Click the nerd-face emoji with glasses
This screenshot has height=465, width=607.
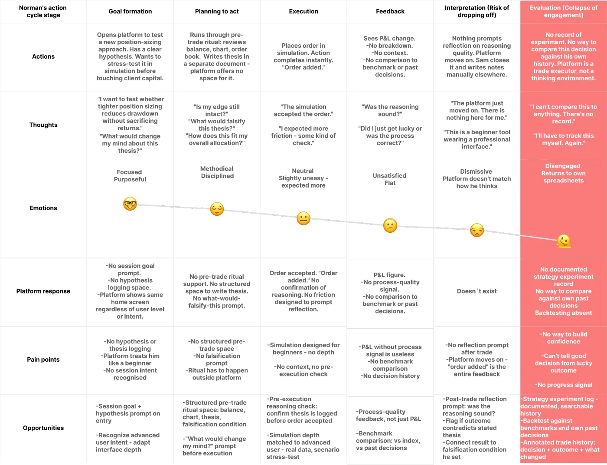(x=130, y=204)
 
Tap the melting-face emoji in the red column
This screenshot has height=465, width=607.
(x=564, y=241)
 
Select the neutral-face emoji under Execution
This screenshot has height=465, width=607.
(x=303, y=218)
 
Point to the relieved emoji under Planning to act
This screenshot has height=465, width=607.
(x=217, y=209)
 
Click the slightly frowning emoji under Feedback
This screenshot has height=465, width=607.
(x=390, y=225)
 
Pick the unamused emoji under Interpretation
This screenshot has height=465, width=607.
(x=477, y=230)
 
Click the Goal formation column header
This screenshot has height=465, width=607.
(x=130, y=11)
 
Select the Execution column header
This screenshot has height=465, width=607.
(x=303, y=11)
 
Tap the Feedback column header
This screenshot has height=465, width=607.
(x=390, y=11)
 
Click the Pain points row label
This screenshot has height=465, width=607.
(x=43, y=359)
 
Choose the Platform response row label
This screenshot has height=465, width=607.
(x=43, y=291)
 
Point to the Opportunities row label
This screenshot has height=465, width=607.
(x=43, y=428)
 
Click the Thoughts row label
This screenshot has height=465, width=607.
(x=43, y=125)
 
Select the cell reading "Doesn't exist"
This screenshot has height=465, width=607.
(x=477, y=291)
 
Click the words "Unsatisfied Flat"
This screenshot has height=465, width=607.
(x=390, y=179)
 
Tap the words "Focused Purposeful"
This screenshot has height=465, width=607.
(x=130, y=175)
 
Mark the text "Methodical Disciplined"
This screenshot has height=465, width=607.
(x=217, y=172)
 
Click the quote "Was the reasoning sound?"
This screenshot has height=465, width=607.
(x=390, y=110)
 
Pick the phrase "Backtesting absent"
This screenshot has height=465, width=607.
(x=564, y=313)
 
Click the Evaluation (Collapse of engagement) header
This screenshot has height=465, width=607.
(x=564, y=11)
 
